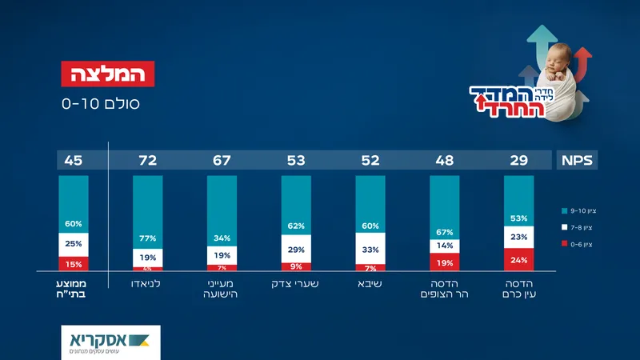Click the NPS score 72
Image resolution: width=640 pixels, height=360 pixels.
pyautogui.click(x=147, y=161)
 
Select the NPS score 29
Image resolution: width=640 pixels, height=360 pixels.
pyautogui.click(x=518, y=161)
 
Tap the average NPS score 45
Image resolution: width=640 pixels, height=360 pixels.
pyautogui.click(x=74, y=161)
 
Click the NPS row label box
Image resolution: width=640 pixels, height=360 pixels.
pyautogui.click(x=576, y=161)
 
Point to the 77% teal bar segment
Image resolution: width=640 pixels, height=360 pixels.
pyautogui.click(x=147, y=212)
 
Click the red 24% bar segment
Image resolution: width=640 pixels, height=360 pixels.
pyautogui.click(x=518, y=259)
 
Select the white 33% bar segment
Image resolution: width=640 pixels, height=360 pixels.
pyautogui.click(x=370, y=248)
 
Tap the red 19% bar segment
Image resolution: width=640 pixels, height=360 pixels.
pyautogui.click(x=444, y=262)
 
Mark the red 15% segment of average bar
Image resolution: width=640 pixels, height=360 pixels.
pyautogui.click(x=74, y=263)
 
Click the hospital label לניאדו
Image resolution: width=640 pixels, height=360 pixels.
pyautogui.click(x=147, y=284)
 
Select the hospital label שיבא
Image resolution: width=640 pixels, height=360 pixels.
pyautogui.click(x=370, y=284)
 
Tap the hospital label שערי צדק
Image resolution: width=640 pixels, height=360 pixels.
pyautogui.click(x=296, y=284)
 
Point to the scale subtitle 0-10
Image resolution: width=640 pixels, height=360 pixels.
pyautogui.click(x=100, y=103)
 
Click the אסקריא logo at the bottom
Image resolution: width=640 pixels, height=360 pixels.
pyautogui.click(x=110, y=341)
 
